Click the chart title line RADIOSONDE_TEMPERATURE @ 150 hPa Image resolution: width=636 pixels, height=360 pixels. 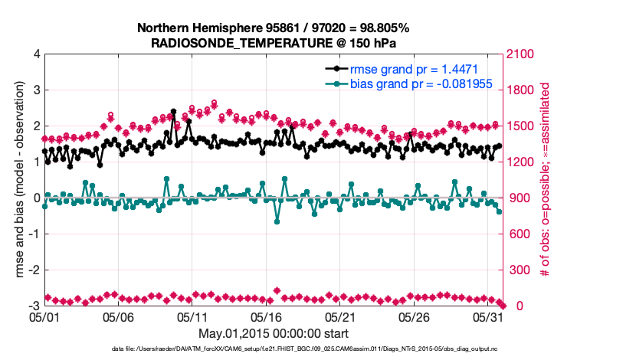coord(274,43)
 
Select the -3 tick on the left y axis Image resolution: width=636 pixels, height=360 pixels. coord(34,306)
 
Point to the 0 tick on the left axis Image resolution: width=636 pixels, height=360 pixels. coord(37,198)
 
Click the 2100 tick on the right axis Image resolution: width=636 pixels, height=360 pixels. coord(520,54)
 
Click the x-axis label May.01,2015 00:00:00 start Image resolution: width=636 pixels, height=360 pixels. coord(274,333)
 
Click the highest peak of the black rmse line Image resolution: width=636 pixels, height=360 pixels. coord(174,111)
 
